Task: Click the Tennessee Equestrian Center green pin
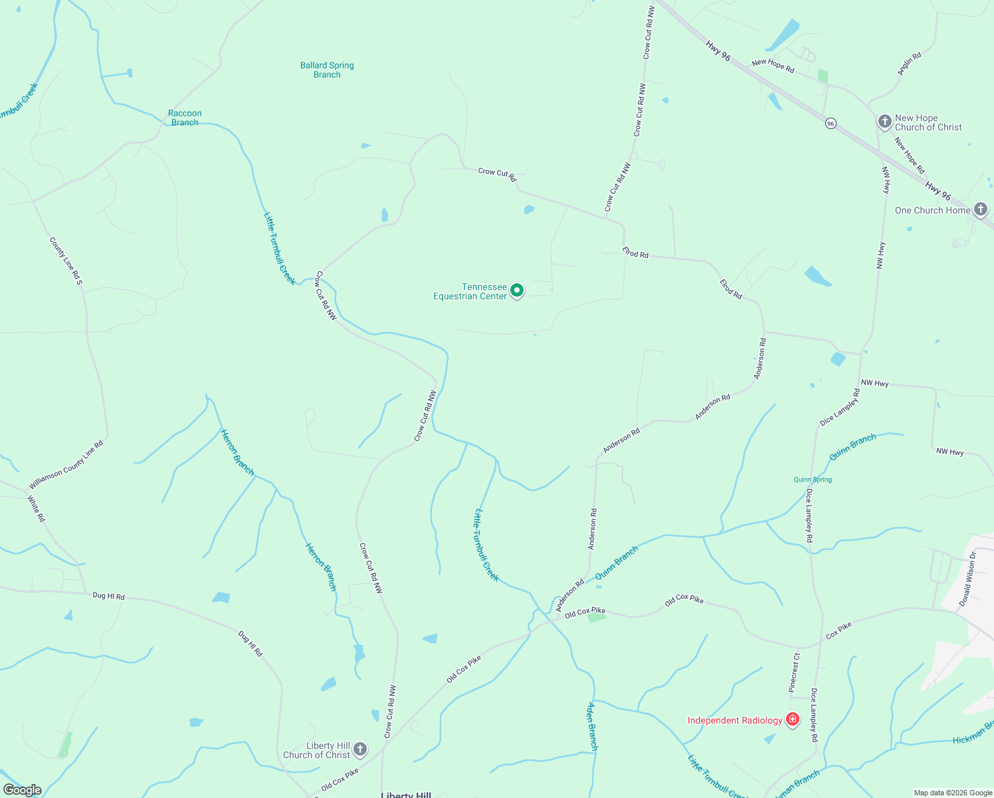tap(517, 291)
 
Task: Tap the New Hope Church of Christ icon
tap(884, 122)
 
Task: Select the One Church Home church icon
tap(981, 209)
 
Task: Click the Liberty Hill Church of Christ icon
tap(360, 749)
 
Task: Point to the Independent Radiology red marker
tap(792, 720)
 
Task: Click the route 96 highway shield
tap(831, 124)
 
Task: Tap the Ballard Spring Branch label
tap(327, 70)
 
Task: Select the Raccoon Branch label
tap(185, 118)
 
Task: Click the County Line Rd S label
tap(66, 261)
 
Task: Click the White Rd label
tap(37, 509)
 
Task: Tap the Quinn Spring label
tap(813, 479)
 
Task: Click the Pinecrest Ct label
tap(795, 672)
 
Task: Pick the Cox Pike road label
tap(839, 630)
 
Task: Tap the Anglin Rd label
tap(910, 63)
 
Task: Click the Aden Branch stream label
tap(592, 726)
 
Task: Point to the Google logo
tap(23, 790)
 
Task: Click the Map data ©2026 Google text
tap(952, 793)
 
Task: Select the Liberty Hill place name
tap(406, 795)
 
